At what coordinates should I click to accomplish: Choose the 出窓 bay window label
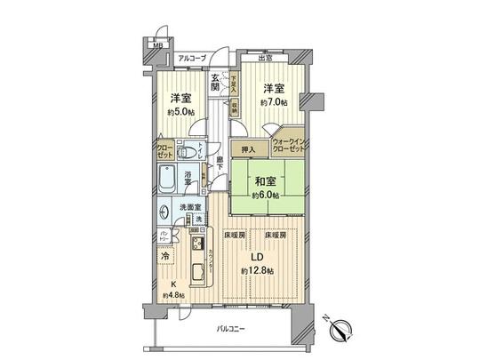266,60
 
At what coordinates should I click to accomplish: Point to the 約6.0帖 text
267,195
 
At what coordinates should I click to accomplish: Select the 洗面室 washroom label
180,209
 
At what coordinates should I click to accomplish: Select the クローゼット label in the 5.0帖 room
166,150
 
